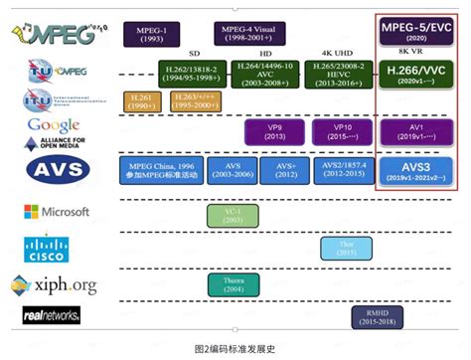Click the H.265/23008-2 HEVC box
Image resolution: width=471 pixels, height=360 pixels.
click(338, 73)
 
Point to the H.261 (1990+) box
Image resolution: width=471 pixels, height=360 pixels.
click(140, 101)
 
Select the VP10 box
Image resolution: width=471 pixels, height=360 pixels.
click(338, 133)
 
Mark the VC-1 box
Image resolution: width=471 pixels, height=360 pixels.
click(232, 216)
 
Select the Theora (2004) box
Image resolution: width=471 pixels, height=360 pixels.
click(232, 283)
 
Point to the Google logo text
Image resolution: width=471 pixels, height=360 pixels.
click(54, 125)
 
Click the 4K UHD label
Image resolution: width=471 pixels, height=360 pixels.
click(338, 53)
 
